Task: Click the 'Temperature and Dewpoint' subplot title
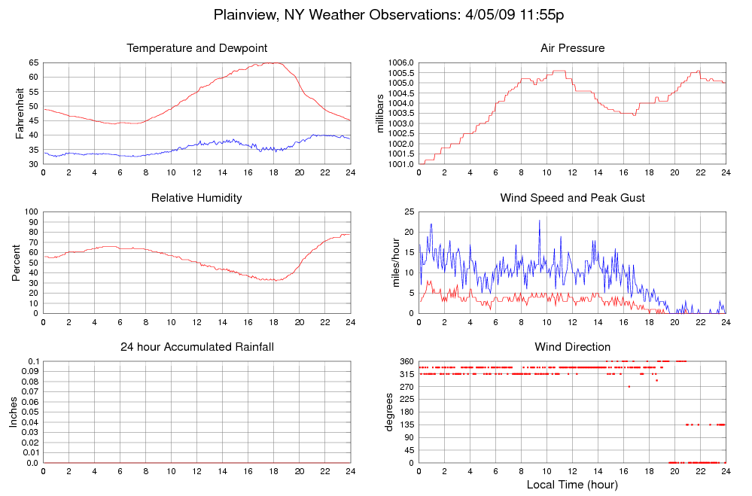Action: pos(197,48)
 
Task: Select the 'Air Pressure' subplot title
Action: pos(572,48)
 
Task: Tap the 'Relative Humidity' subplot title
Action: pos(197,198)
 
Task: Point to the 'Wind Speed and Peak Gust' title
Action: pos(572,198)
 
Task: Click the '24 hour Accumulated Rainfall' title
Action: pos(197,347)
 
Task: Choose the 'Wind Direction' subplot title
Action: pos(572,347)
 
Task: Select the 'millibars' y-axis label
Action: pos(380,113)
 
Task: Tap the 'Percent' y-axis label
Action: pos(16,263)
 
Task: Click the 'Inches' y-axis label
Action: pos(13,412)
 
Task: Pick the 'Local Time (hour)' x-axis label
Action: pos(572,484)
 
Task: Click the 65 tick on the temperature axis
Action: pos(33,62)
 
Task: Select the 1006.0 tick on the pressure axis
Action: pos(400,62)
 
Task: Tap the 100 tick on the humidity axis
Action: pos(31,211)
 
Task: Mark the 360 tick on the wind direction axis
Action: pos(406,361)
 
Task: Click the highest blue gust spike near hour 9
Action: pos(539,221)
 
